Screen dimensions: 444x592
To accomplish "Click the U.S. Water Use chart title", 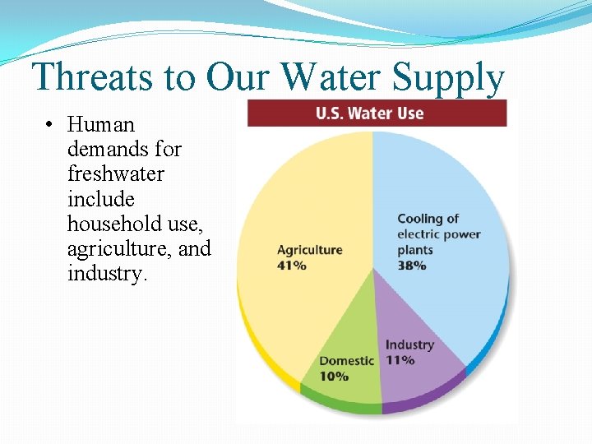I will tap(369, 113).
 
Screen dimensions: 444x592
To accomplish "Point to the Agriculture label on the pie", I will tap(309, 250).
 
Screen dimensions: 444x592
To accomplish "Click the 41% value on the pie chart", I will tap(292, 266).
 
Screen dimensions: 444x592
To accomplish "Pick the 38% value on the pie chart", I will tap(412, 266).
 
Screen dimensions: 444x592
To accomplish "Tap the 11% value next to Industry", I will tap(400, 360).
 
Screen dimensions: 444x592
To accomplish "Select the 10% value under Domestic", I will tap(334, 376).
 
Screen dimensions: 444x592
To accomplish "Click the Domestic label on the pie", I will tap(346, 361).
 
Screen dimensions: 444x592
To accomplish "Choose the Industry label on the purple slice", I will tap(409, 345).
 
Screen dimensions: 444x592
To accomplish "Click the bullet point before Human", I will tap(51, 125).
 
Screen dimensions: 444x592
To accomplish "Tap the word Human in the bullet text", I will tap(100, 125).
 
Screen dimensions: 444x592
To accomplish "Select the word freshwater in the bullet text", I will tap(115, 174).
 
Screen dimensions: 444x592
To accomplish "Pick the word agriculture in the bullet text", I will tap(119, 248).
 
